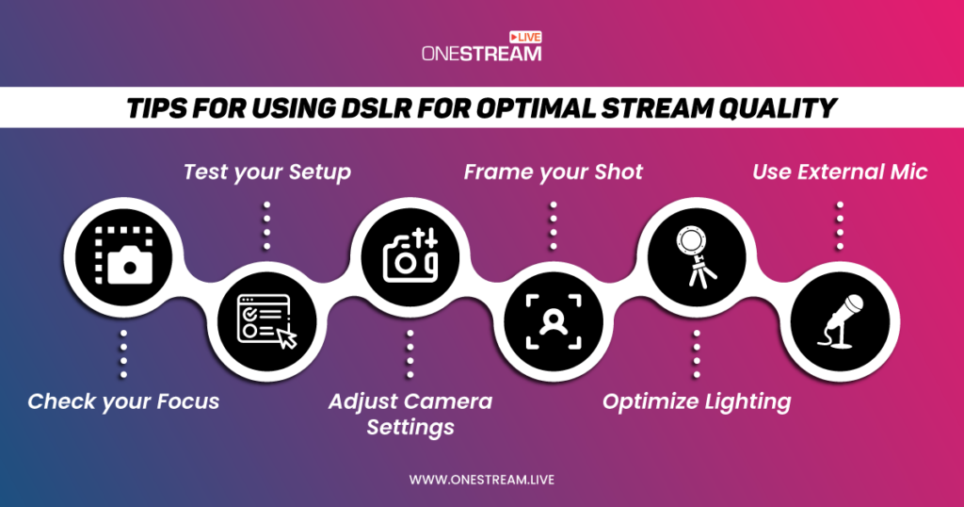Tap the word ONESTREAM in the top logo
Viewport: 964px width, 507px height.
point(481,54)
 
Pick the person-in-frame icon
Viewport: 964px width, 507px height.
point(553,323)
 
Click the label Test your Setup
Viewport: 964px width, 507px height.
point(266,172)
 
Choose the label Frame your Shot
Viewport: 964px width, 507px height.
point(554,172)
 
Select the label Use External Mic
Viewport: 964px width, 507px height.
point(839,172)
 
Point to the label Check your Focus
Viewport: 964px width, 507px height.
point(123,401)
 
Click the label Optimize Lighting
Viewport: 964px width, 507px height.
point(697,401)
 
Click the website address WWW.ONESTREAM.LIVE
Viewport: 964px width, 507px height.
point(481,480)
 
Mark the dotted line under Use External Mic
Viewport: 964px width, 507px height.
point(839,225)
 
